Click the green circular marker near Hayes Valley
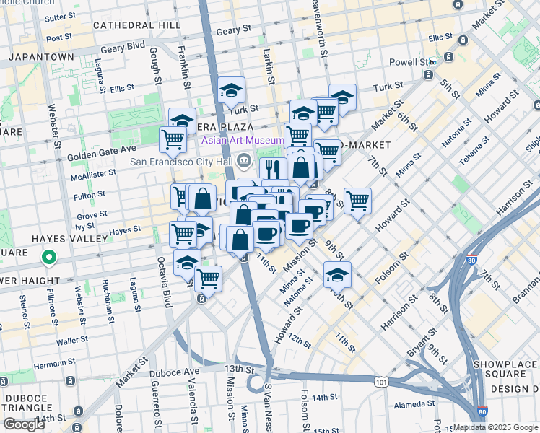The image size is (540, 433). (48, 256)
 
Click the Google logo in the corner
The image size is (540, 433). (25, 424)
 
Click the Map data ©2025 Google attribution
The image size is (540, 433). (495, 427)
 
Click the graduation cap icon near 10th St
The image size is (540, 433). (336, 274)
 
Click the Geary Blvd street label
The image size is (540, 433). (123, 48)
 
